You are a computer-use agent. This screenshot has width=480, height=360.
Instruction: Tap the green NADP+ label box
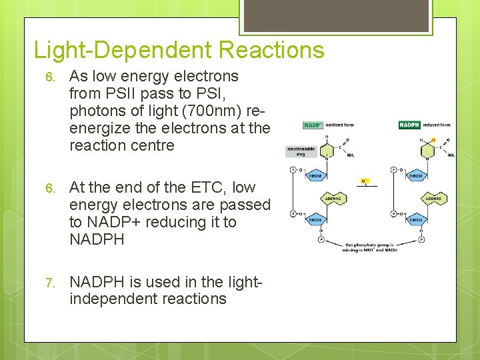[x=312, y=125]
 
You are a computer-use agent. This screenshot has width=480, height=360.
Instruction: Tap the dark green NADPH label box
[x=408, y=125]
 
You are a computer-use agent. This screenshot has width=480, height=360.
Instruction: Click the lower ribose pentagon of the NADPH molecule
[x=415, y=219]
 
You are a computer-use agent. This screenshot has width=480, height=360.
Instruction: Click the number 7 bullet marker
[x=50, y=282]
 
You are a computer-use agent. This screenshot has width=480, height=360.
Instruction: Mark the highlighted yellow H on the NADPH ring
[x=433, y=139]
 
